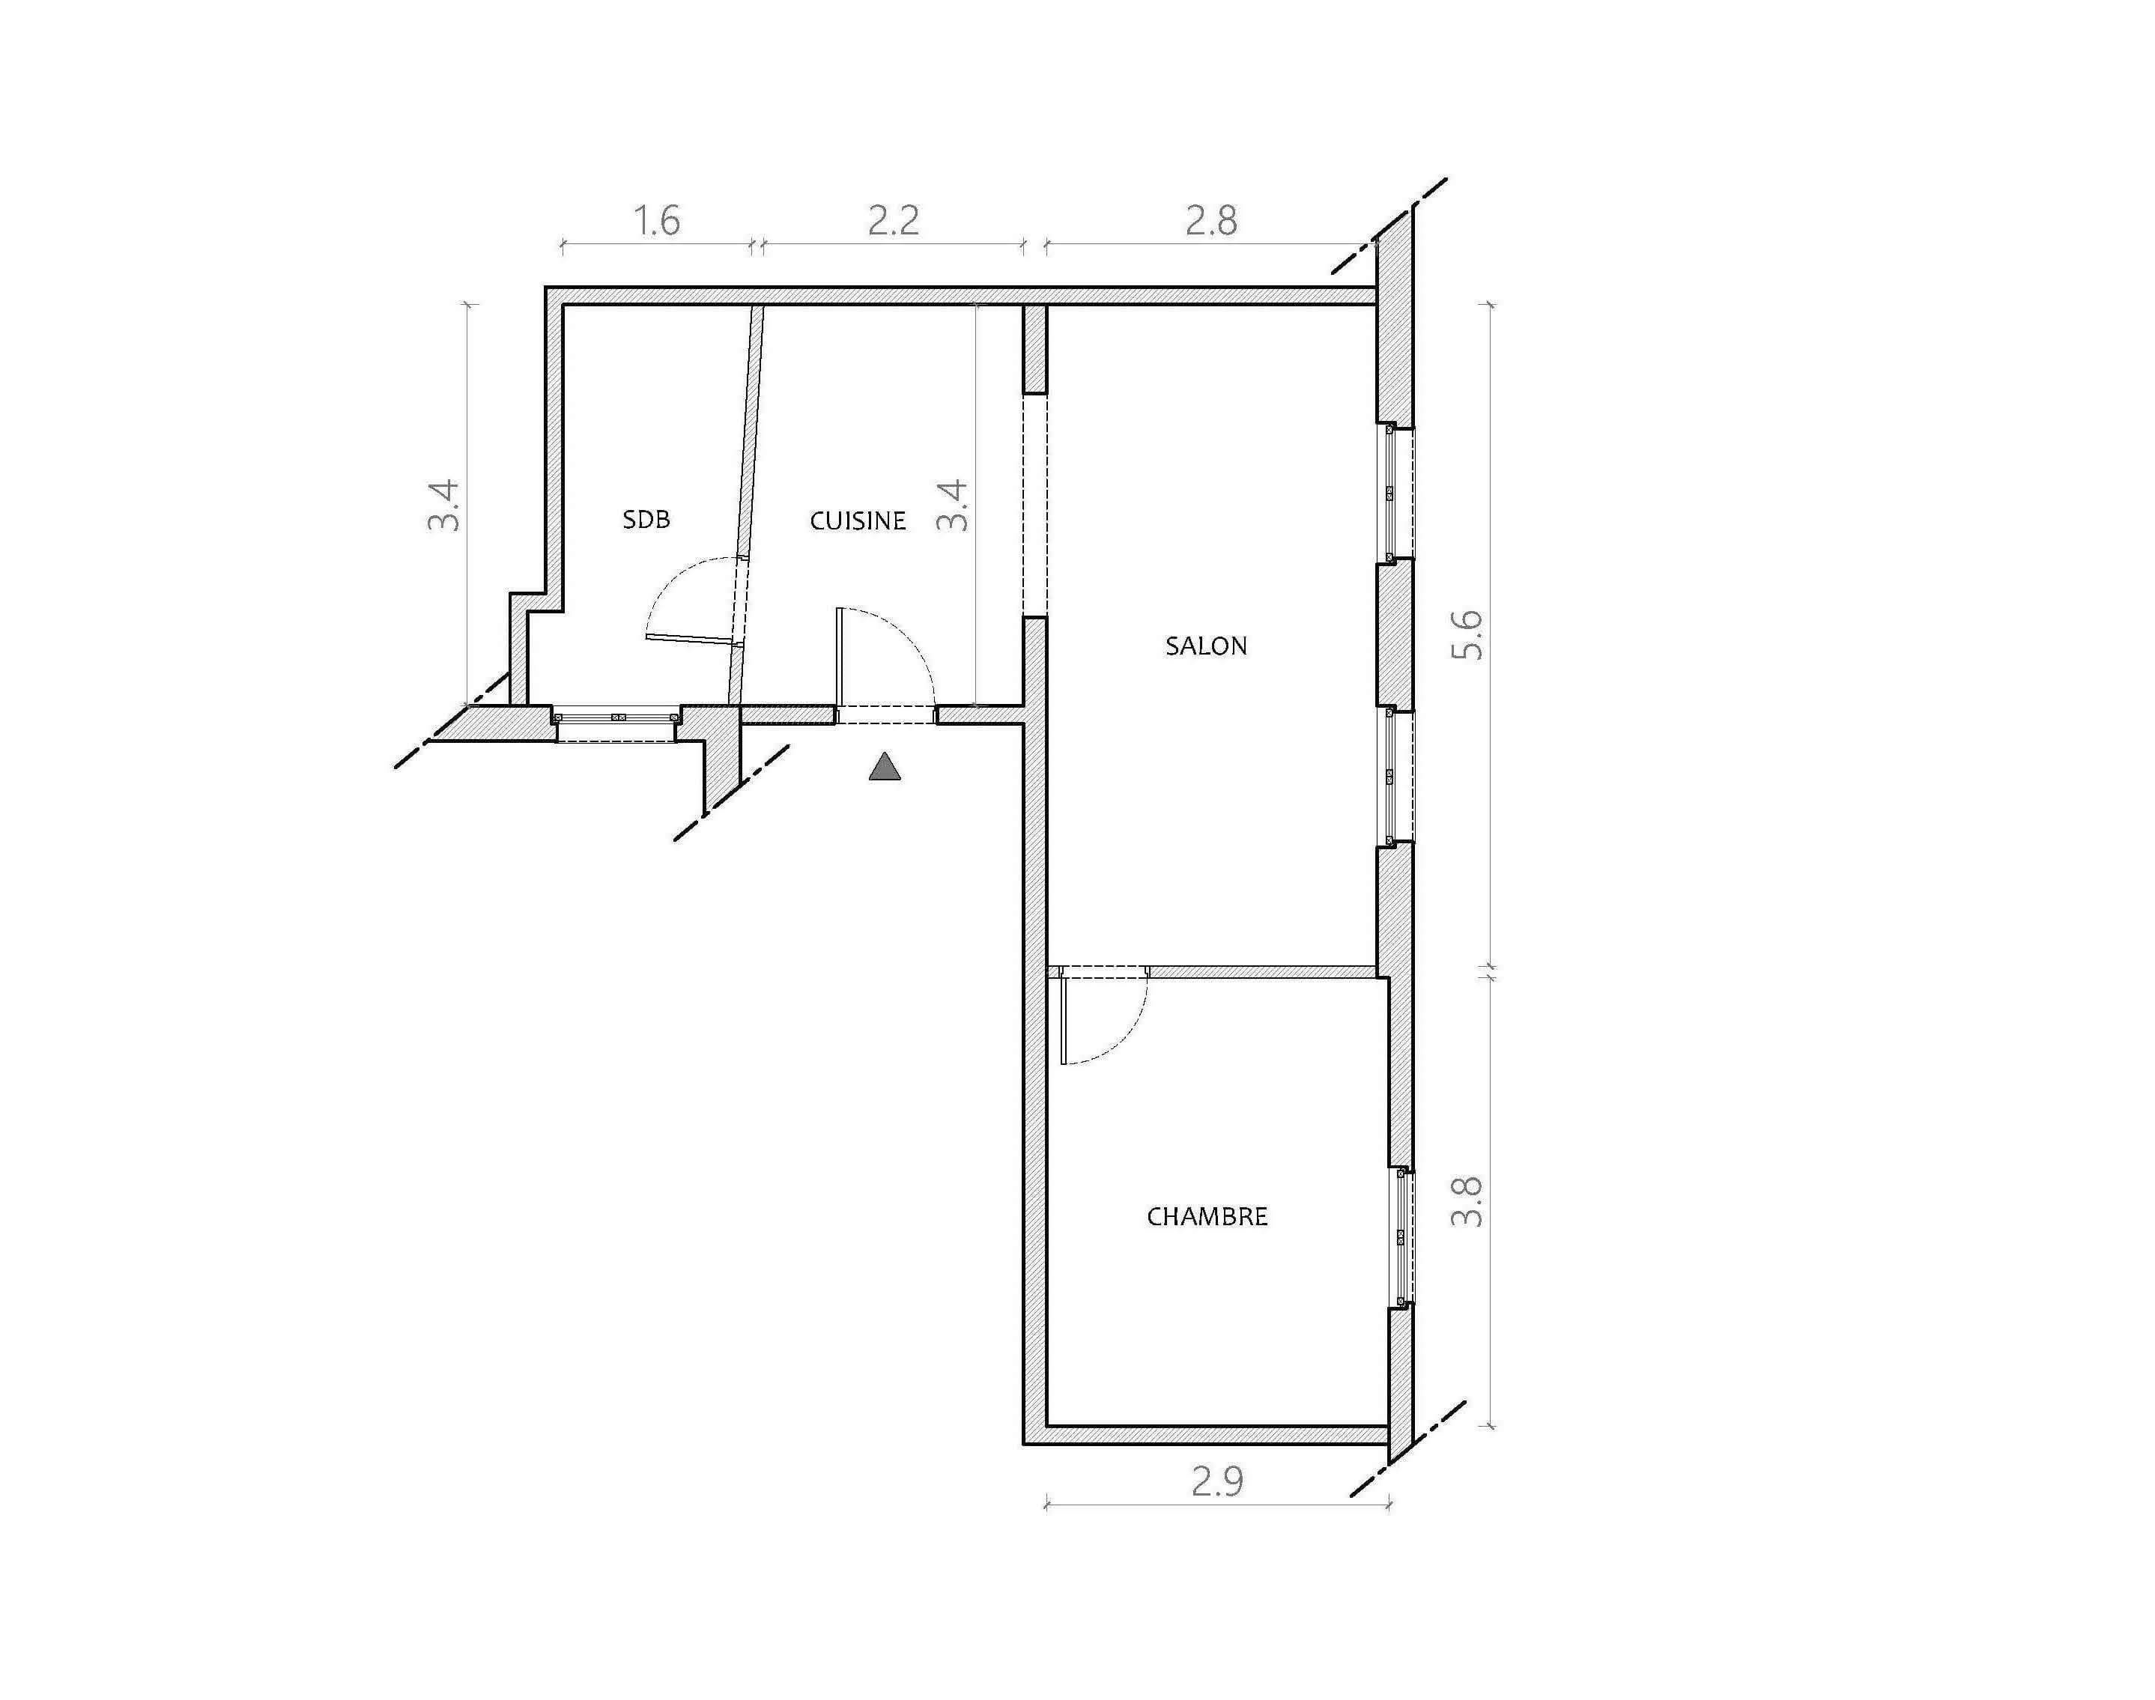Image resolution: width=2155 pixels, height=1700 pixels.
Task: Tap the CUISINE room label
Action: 858,520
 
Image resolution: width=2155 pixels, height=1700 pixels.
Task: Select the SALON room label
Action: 1207,646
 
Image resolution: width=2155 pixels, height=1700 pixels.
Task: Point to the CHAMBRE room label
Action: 1207,1216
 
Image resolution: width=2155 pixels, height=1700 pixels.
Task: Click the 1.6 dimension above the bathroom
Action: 657,220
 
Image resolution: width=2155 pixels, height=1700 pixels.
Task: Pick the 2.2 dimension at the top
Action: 893,220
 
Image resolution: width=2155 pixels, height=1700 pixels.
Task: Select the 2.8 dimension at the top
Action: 1211,220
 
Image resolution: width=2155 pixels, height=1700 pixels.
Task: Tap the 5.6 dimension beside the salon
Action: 1468,634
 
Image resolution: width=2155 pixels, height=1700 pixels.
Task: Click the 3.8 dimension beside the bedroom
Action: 1467,1201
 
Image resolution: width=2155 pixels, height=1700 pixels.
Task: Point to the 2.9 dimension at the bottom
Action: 1217,1482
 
